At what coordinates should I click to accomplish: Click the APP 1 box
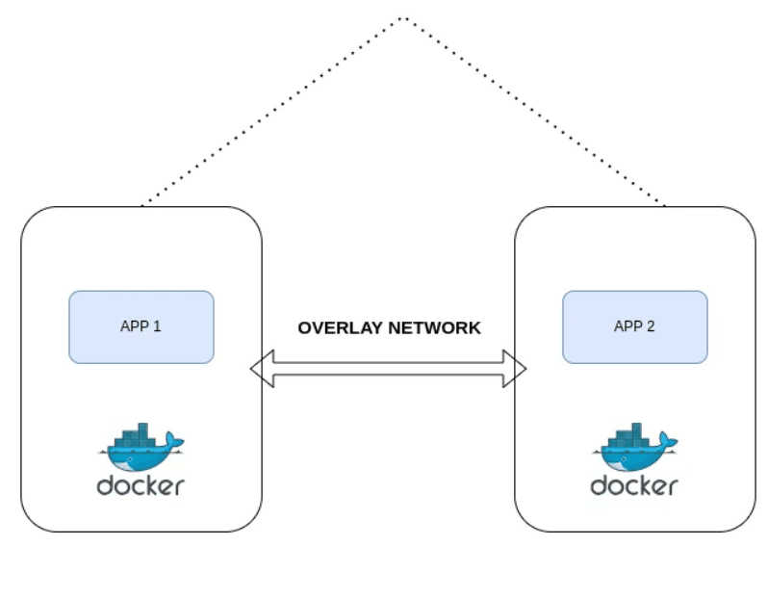(x=141, y=326)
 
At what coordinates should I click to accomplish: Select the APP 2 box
(x=634, y=326)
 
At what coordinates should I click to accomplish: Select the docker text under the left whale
(x=141, y=484)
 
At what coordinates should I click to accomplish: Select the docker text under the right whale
(x=634, y=484)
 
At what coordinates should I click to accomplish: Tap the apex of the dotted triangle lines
(x=403, y=17)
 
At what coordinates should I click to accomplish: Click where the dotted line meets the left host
(x=141, y=205)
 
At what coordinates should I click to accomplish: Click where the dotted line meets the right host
(x=663, y=205)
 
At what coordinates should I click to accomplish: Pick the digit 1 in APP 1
(x=157, y=326)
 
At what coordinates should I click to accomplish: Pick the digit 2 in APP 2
(x=651, y=326)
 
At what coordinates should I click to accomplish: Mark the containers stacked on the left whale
(x=136, y=434)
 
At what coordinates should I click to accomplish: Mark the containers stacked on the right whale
(x=629, y=434)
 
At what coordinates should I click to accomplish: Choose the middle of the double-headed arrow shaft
(x=389, y=369)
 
